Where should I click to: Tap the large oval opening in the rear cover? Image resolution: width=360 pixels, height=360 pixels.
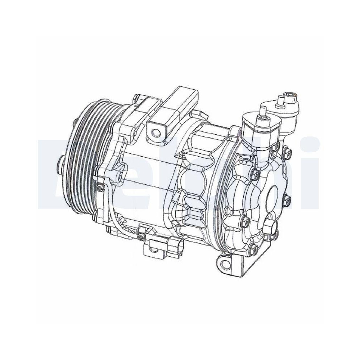click(x=275, y=196)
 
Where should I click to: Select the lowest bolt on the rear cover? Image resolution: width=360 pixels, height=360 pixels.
click(x=253, y=248)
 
